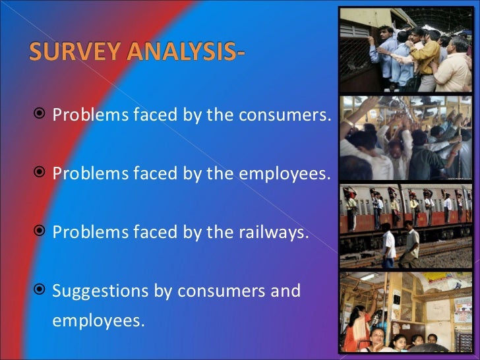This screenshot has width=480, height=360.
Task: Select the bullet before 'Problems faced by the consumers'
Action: click(x=40, y=115)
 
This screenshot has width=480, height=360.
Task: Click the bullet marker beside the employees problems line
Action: click(x=40, y=173)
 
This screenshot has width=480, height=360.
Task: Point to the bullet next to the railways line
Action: click(x=40, y=231)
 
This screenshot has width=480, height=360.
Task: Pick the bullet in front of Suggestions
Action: click(x=40, y=289)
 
